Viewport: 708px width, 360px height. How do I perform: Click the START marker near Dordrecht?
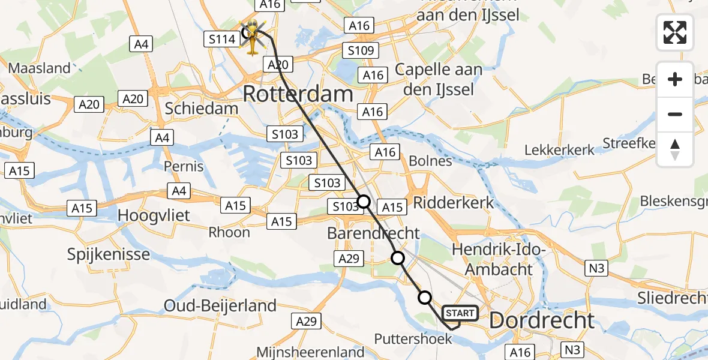tap(460, 313)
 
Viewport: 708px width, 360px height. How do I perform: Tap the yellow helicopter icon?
tap(254, 36)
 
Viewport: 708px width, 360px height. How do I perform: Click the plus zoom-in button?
tap(675, 80)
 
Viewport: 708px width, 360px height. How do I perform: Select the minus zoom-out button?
tap(675, 114)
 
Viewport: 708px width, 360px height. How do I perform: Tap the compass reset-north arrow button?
tap(675, 149)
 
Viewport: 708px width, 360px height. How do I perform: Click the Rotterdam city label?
tap(298, 94)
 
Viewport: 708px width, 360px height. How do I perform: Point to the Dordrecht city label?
tap(542, 320)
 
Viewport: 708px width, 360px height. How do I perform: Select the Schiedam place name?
tap(202, 109)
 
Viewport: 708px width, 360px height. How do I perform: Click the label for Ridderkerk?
tap(453, 202)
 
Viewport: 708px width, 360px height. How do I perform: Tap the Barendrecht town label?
tap(373, 233)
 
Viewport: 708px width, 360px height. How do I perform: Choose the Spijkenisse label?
tap(109, 254)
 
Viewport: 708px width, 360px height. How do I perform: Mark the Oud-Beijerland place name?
tap(220, 305)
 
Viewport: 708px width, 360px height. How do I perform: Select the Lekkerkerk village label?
tap(559, 150)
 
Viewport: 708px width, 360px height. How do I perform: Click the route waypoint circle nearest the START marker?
tap(424, 297)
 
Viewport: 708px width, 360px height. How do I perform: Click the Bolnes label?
tap(430, 161)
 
